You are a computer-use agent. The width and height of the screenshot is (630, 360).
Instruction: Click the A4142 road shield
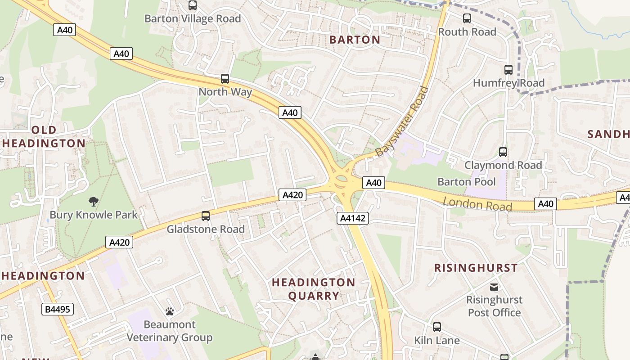(x=353, y=218)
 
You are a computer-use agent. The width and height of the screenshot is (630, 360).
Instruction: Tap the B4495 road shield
(x=58, y=309)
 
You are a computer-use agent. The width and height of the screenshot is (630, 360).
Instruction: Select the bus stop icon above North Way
(x=225, y=79)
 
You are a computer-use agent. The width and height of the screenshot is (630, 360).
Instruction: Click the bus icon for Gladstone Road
(x=206, y=216)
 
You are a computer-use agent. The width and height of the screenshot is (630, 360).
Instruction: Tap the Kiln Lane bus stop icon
(x=436, y=327)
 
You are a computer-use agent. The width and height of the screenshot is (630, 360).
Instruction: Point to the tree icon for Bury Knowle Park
(x=94, y=201)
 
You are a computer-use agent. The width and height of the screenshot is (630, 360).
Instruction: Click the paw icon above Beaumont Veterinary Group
(x=170, y=311)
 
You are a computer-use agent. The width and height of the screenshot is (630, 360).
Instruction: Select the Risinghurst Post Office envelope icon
(x=494, y=287)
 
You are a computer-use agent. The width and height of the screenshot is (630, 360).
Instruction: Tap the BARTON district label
(x=355, y=40)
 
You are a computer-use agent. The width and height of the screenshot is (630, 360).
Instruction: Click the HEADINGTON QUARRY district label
(x=314, y=289)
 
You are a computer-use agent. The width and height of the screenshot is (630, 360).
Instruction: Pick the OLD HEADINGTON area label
(x=44, y=137)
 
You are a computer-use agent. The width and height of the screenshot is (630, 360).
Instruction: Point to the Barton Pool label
(x=466, y=182)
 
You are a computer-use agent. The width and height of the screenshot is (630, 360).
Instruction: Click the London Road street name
(x=477, y=204)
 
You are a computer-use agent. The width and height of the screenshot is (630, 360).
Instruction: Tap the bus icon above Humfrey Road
(x=508, y=70)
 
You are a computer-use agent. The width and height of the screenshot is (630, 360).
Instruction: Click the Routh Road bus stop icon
(x=467, y=18)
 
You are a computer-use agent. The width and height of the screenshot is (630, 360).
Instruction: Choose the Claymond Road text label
(x=503, y=165)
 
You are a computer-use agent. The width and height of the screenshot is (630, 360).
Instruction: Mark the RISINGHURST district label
(x=476, y=268)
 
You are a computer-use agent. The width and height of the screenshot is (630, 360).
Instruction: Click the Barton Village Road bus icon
(x=193, y=5)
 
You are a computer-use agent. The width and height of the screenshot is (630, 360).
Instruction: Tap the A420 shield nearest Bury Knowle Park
(x=120, y=243)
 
